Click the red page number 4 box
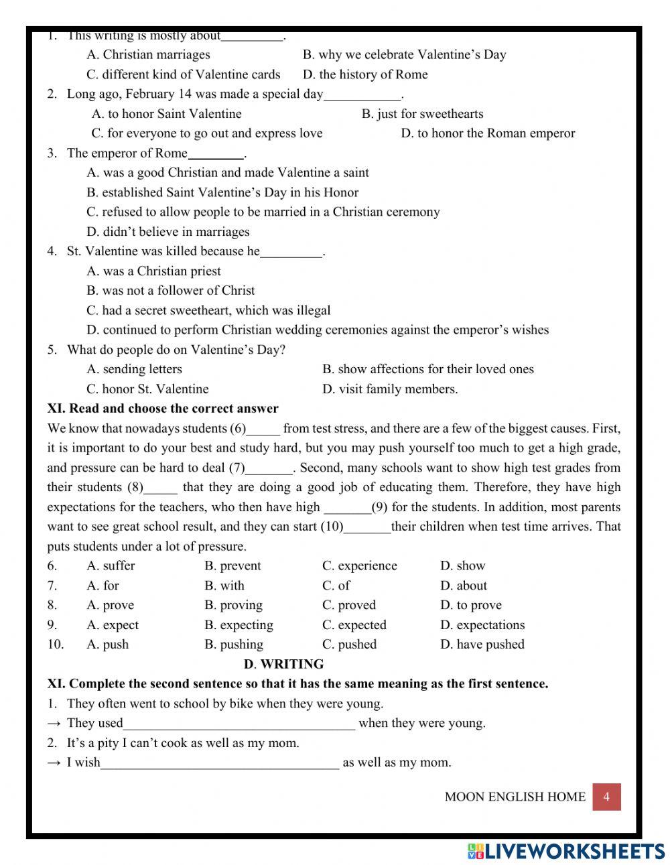(606, 797)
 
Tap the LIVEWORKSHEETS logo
(566, 850)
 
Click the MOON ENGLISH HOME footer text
(515, 797)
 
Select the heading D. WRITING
(283, 664)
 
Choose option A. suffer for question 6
(111, 565)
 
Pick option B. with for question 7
(224, 586)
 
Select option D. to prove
(470, 605)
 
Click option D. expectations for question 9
(482, 625)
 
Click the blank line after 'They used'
(239, 724)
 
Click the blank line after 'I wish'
(220, 763)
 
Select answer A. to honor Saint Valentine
(166, 114)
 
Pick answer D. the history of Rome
(364, 74)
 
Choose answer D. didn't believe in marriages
(167, 232)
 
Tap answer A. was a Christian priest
(153, 271)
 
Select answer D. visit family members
(390, 389)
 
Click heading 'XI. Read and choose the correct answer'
(163, 409)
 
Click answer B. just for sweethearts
(422, 114)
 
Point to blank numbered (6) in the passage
(263, 429)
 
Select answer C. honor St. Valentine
(147, 389)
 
